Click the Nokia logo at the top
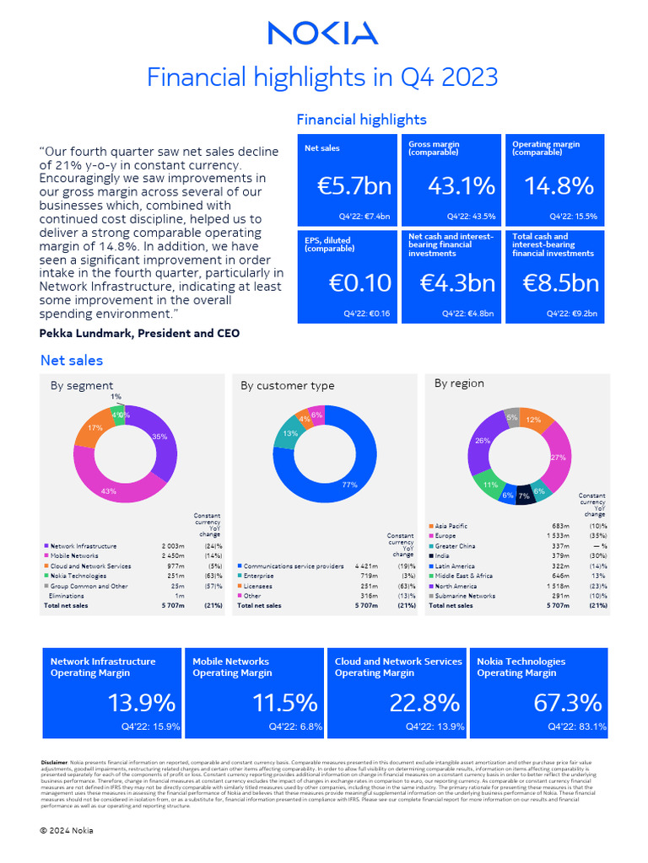(323, 34)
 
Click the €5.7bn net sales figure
(347, 186)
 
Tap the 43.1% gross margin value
(451, 186)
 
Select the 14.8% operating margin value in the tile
(554, 186)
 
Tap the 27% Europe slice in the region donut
(555, 458)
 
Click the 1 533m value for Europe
(555, 536)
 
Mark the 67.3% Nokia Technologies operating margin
(568, 703)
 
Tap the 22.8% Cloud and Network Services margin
(424, 703)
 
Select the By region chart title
(459, 383)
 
